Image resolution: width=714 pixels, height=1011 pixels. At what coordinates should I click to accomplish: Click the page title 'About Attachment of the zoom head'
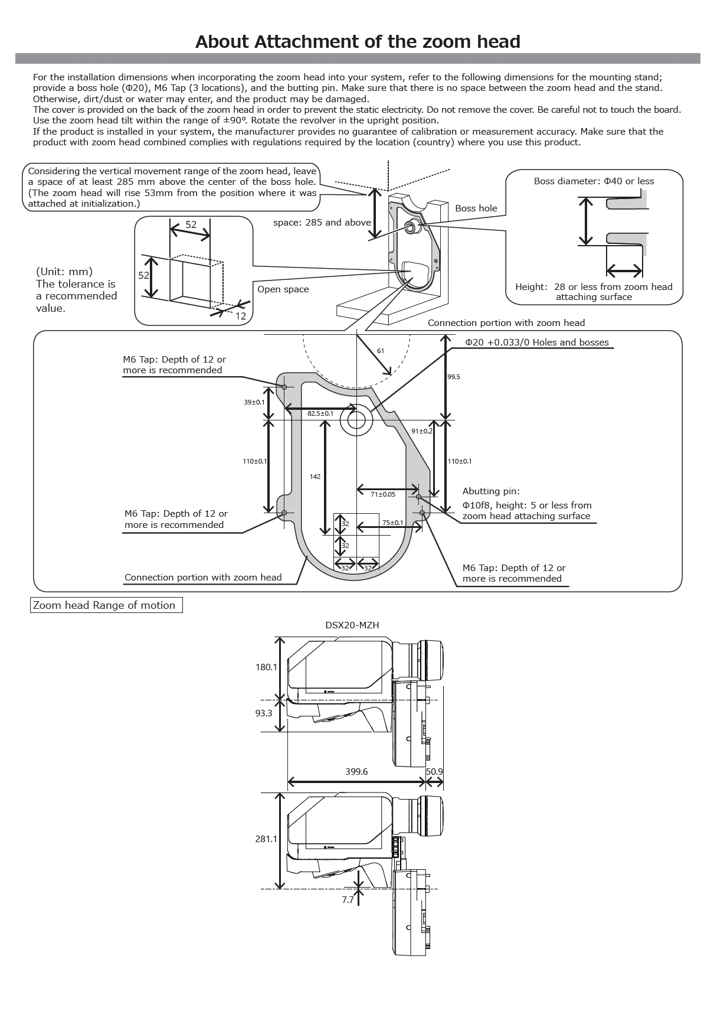pos(357,41)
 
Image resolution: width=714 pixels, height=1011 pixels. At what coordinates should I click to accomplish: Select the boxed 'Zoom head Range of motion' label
pos(106,605)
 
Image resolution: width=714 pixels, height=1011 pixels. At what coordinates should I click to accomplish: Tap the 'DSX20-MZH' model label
pos(352,625)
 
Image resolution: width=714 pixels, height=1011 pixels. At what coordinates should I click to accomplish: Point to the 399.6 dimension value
pos(356,772)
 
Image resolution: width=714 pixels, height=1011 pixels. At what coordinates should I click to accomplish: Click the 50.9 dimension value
pos(434,772)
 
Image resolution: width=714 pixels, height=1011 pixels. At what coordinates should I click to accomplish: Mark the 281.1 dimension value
pos(266,839)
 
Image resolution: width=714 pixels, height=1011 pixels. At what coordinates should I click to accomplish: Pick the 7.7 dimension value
pos(348,900)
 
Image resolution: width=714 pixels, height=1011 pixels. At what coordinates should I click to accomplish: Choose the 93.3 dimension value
pos(264,713)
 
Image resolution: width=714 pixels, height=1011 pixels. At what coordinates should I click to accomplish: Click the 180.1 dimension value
pos(266,667)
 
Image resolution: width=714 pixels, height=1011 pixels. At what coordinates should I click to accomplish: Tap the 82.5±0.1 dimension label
pos(320,413)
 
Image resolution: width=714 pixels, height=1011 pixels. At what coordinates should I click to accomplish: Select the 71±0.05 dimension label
pos(383,494)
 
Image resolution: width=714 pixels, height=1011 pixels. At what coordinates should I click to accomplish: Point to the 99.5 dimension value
pos(454,377)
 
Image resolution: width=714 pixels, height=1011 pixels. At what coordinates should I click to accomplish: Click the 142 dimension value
pos(315,477)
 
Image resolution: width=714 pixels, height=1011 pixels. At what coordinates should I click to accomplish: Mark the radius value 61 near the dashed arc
pos(380,351)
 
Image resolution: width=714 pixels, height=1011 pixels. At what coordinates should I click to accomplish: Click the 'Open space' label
pos(283,289)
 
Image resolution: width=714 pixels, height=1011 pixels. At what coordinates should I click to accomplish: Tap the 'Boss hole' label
pos(476,208)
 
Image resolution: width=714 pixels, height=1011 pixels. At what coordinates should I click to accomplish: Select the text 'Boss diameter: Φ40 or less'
pos(594,181)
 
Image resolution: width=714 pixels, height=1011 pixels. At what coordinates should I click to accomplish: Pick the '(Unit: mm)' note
pos(64,271)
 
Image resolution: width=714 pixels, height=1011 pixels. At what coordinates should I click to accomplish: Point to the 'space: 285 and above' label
pos(322,223)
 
